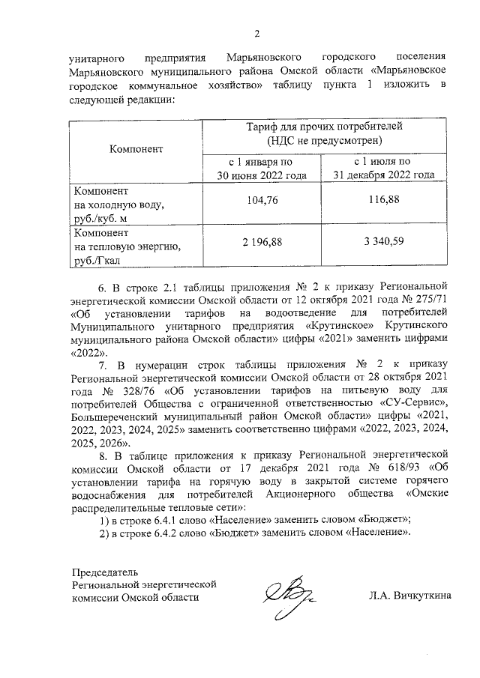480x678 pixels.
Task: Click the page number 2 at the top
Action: click(x=256, y=34)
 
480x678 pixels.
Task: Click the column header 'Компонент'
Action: click(x=136, y=148)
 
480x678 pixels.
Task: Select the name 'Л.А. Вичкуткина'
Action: click(x=409, y=596)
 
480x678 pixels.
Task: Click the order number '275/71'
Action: click(x=431, y=300)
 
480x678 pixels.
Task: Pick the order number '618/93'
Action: click(x=403, y=466)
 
